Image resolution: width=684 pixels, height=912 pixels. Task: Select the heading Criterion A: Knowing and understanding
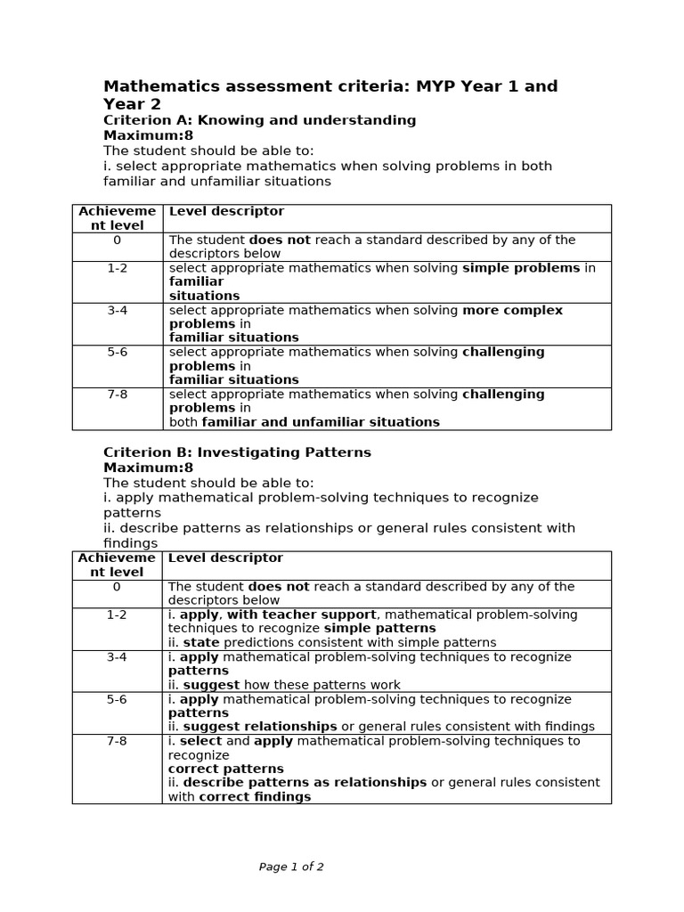coord(259,120)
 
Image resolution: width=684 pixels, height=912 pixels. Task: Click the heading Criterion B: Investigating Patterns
coord(237,452)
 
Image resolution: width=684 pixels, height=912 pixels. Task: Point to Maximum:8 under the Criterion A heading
coord(148,135)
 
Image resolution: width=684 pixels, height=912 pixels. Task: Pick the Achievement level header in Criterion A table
coord(117,218)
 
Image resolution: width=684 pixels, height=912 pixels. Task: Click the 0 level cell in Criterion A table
coord(117,240)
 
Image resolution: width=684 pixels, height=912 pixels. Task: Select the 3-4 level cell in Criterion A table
coord(117,310)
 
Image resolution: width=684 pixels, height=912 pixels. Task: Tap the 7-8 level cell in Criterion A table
coord(117,394)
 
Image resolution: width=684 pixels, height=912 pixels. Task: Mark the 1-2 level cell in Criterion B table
coord(117,615)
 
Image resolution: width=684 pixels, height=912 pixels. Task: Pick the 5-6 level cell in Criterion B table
coord(117,699)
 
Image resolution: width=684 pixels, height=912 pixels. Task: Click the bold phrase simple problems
coord(520,268)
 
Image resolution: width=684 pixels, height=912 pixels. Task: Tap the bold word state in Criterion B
coord(200,642)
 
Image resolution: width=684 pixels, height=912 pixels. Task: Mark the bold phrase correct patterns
coord(225,769)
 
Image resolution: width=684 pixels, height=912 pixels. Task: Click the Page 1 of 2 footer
coord(291,867)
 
